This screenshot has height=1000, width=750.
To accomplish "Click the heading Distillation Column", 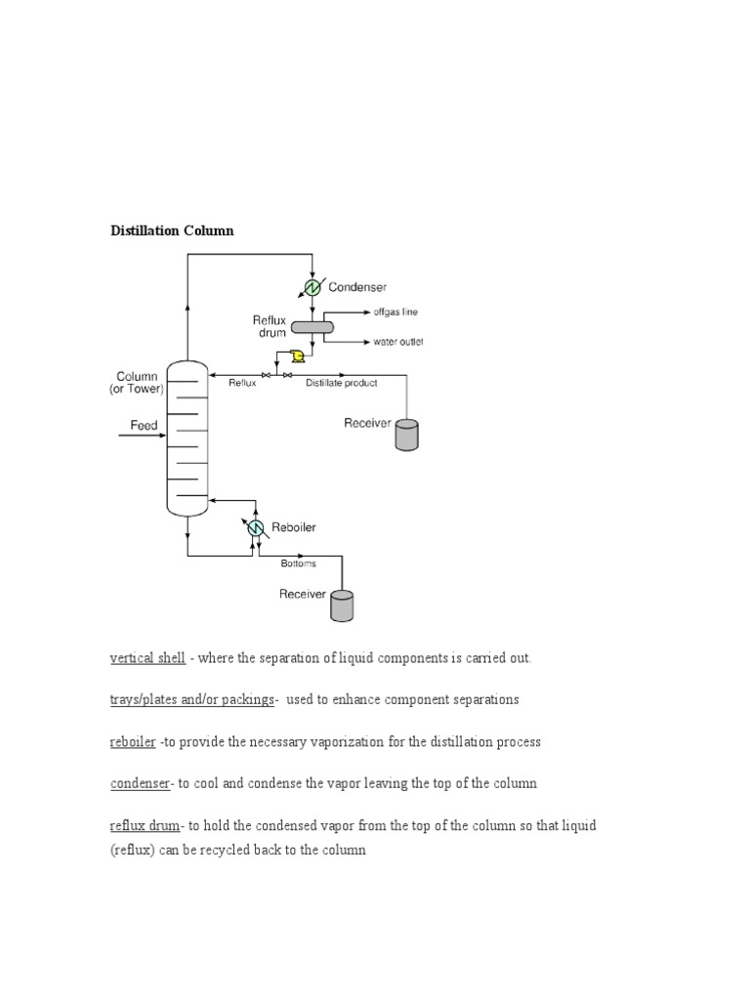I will click(171, 230).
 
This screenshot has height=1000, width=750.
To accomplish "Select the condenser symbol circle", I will click(312, 287).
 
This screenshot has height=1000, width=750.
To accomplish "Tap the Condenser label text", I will click(357, 287).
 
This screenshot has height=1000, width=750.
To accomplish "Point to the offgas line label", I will click(395, 312).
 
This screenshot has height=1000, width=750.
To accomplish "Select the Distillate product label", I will click(342, 384).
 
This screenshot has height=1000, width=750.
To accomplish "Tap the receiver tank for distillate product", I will click(406, 435).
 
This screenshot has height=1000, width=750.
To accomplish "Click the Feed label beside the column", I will click(145, 426).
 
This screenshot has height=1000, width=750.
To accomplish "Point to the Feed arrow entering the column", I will click(142, 437).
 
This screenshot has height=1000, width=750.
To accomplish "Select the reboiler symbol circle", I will click(256, 527).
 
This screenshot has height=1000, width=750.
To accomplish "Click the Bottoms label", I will click(298, 563).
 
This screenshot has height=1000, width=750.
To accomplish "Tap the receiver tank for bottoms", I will click(342, 605).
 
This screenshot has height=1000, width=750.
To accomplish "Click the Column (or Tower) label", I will click(136, 383).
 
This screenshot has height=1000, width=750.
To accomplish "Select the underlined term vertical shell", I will click(147, 658).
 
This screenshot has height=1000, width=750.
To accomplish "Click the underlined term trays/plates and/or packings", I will click(191, 700).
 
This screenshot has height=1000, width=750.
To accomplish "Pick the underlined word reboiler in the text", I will click(132, 742).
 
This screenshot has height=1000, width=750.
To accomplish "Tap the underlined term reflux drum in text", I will click(145, 825).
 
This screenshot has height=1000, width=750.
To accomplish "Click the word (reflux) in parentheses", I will click(135, 850).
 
